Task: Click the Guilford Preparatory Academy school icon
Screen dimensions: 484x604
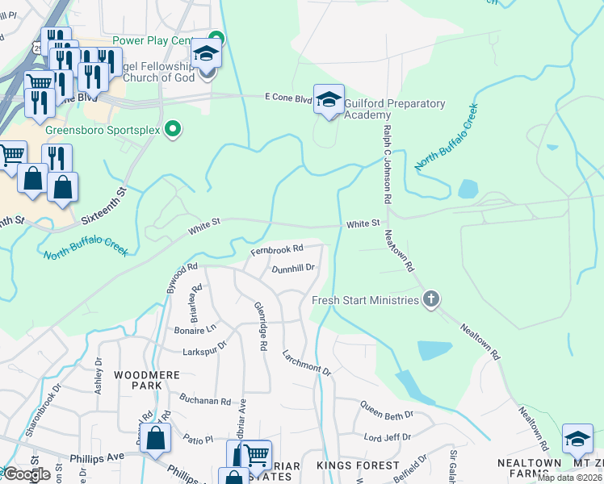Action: click(329, 100)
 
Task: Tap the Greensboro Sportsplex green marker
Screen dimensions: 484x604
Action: click(172, 128)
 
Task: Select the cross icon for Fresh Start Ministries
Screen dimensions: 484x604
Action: click(431, 300)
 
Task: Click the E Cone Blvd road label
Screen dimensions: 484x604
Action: click(288, 98)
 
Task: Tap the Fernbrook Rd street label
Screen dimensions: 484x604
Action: click(276, 251)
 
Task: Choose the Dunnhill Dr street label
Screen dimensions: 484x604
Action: click(292, 269)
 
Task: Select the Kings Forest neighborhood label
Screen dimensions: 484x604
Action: click(359, 466)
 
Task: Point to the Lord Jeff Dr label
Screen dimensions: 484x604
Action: click(388, 437)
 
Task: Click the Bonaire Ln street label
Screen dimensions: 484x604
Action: click(195, 330)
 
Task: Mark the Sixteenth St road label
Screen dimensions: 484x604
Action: click(105, 207)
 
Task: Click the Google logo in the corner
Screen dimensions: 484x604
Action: click(27, 474)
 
